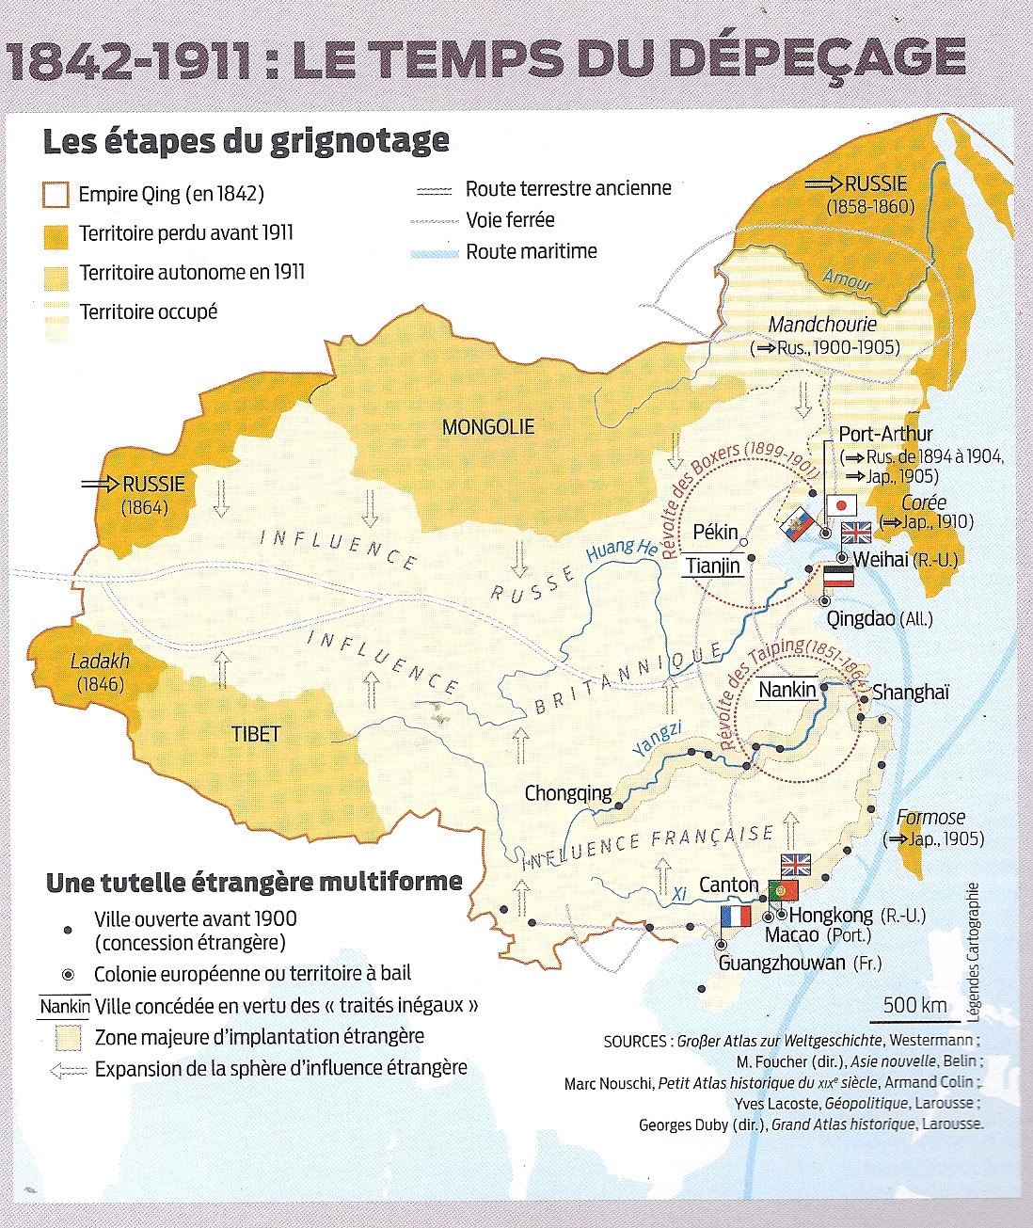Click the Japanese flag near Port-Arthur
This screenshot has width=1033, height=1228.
tap(841, 505)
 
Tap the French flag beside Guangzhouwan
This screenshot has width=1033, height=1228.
tap(736, 917)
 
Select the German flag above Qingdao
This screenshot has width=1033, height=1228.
tap(838, 577)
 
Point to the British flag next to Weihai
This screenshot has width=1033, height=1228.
tap(856, 533)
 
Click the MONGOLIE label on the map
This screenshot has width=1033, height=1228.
tap(488, 427)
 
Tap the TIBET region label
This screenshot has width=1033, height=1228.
tap(256, 734)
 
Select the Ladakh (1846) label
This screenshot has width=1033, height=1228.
tap(100, 672)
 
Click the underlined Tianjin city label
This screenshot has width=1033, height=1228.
tap(712, 566)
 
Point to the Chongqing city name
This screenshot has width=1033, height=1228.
tap(567, 793)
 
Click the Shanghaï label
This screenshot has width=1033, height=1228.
tap(910, 693)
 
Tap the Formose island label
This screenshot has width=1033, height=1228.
tap(930, 817)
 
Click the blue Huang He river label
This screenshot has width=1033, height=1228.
tap(622, 550)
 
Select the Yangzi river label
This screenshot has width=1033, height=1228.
tap(657, 739)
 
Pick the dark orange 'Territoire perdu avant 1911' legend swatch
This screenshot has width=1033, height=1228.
tap(56, 234)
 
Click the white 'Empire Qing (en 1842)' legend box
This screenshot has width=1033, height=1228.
tap(56, 195)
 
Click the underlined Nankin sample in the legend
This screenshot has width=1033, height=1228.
tap(65, 1006)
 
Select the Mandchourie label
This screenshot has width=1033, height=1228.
tap(822, 325)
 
